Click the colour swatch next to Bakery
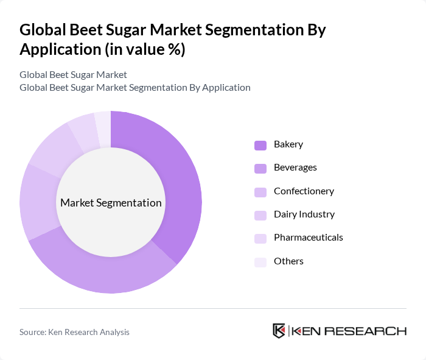(260, 145)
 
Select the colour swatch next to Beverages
(260, 168)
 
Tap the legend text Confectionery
(304, 191)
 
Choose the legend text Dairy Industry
(304, 214)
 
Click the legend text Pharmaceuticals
(308, 238)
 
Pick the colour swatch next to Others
(260, 261)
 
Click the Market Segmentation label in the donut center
(111, 203)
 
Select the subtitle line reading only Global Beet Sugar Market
(73, 75)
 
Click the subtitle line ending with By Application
(134, 88)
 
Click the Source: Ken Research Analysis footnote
(74, 332)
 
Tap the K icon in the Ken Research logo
(279, 331)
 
